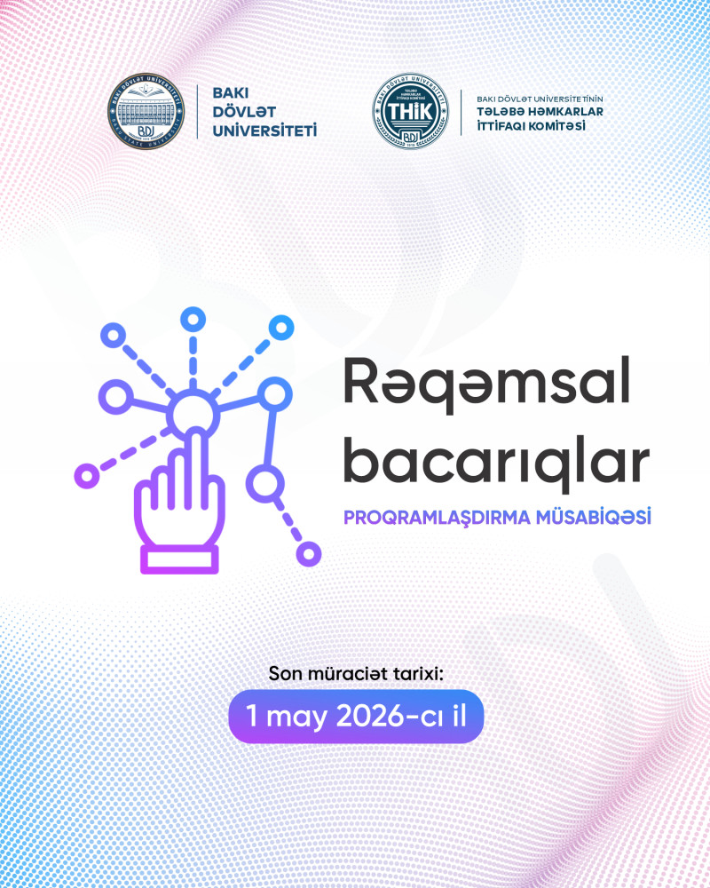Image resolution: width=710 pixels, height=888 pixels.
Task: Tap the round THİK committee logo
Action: tap(410, 112)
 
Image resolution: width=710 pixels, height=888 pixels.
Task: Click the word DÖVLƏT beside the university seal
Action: tap(239, 112)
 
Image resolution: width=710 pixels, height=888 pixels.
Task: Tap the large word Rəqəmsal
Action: tap(490, 385)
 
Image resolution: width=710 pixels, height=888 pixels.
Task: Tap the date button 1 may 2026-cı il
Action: tap(355, 716)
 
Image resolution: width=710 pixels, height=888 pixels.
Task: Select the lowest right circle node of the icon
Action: tap(308, 554)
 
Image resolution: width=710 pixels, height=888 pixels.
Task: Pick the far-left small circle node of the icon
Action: tap(86, 475)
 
